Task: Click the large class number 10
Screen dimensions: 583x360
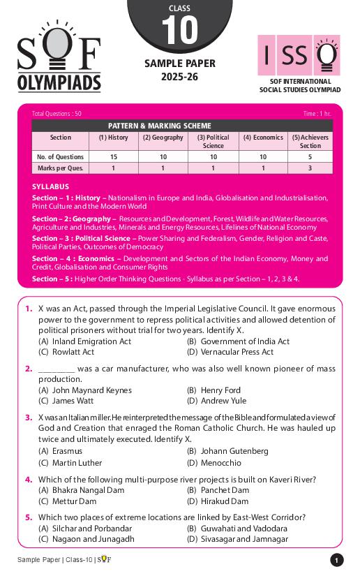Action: point(180,31)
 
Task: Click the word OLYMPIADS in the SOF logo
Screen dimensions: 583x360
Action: point(59,82)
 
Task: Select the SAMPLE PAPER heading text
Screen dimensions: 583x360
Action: point(180,64)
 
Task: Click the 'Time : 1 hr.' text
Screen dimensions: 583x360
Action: point(317,113)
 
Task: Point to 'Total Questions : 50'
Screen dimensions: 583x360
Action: point(57,113)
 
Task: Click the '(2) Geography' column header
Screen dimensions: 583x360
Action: point(163,138)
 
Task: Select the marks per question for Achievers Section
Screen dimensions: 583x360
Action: point(310,168)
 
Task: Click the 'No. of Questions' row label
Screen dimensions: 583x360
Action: point(61,157)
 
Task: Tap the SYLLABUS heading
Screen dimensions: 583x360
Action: point(50,187)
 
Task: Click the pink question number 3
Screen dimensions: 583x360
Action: point(29,418)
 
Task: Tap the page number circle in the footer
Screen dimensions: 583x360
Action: point(337,560)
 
